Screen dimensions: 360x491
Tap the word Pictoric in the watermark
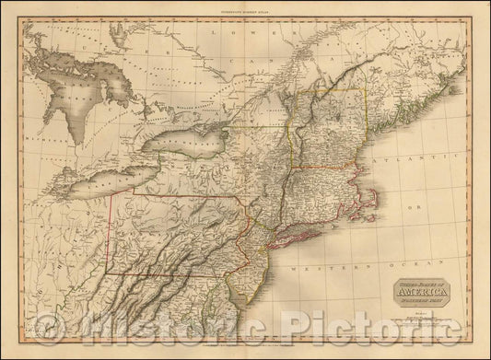pos(368,324)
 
